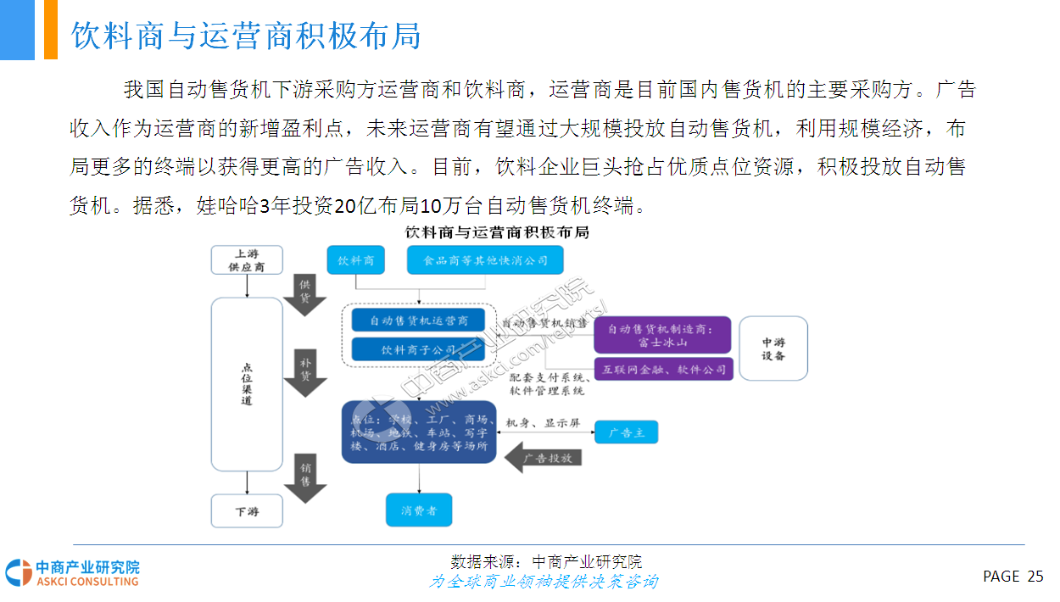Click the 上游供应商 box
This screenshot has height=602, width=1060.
[246, 259]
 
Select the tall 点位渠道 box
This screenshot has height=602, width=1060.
[246, 384]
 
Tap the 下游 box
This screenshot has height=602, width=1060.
[246, 511]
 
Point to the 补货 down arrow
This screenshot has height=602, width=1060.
[305, 372]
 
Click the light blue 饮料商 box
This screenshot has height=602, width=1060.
[356, 260]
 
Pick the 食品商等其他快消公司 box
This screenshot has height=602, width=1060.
[486, 260]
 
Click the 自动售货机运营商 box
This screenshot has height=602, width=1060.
[419, 321]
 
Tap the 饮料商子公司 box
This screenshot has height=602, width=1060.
[419, 349]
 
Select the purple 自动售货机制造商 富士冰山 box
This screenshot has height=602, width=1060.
[662, 336]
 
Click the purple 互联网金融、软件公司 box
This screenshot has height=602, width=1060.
[662, 370]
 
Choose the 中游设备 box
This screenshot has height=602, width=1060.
[773, 348]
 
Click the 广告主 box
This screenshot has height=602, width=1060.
[626, 432]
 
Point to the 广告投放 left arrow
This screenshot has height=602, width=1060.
[543, 458]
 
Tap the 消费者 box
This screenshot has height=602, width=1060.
[419, 510]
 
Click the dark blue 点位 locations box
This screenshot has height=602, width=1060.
[419, 432]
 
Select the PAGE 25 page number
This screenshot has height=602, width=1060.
[1013, 577]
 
